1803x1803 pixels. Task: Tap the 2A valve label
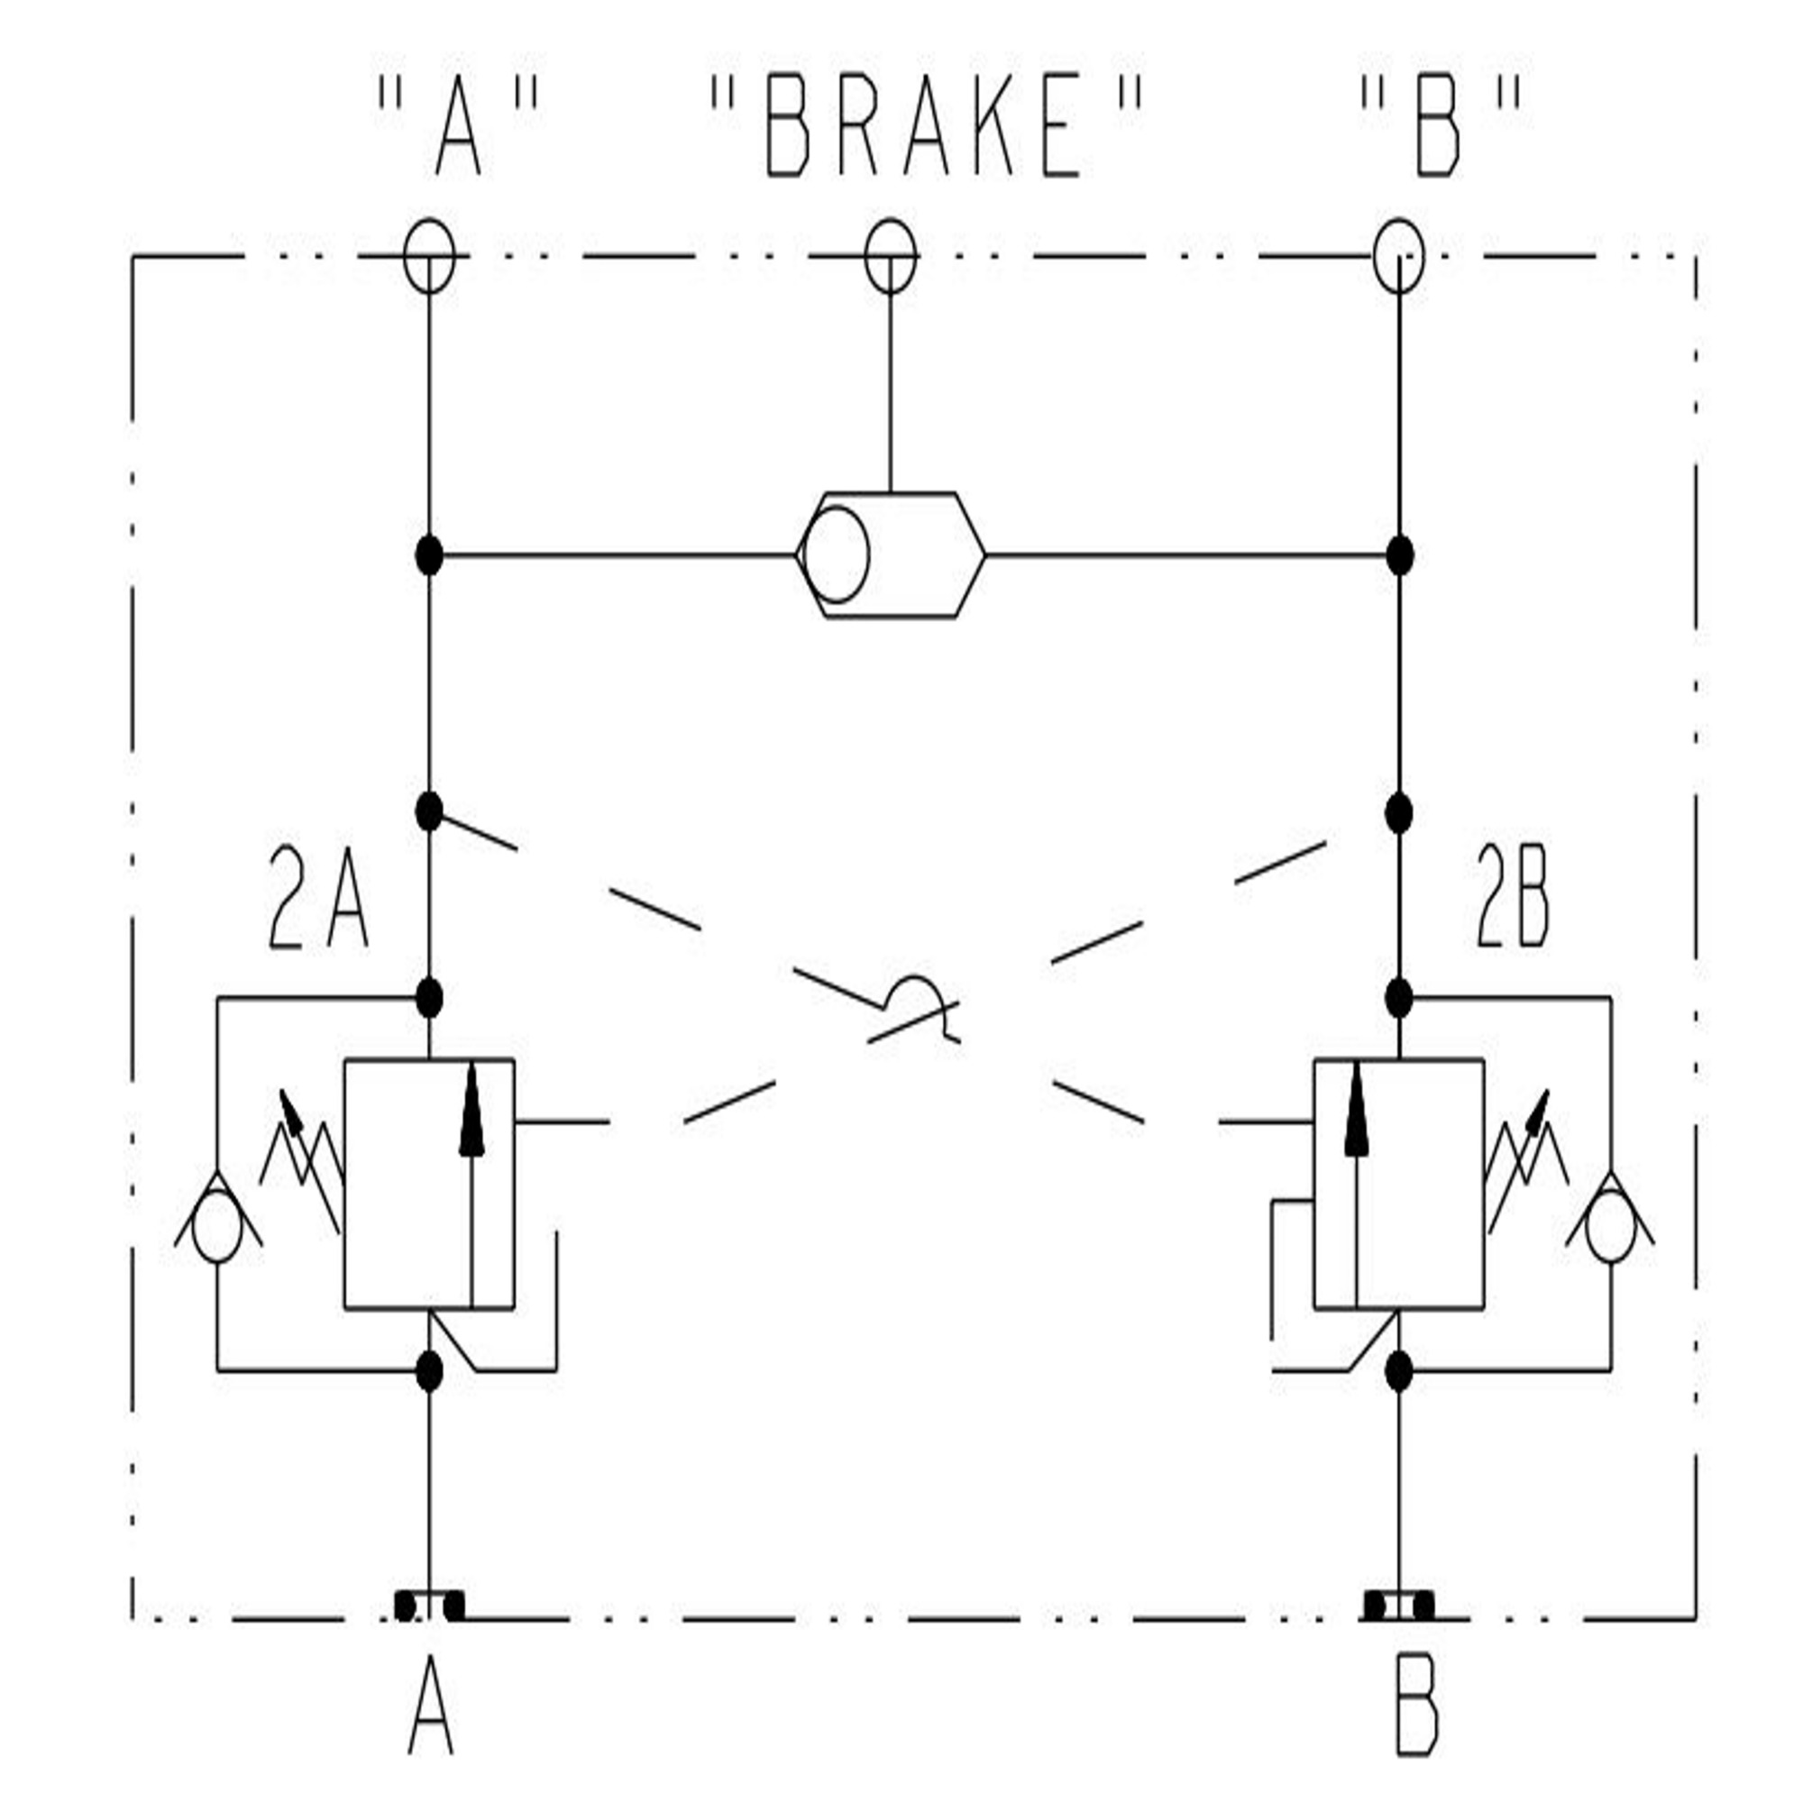pyautogui.click(x=318, y=898)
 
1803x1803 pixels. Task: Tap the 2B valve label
pyautogui.click(x=1513, y=898)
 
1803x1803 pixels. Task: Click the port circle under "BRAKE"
pyautogui.click(x=891, y=256)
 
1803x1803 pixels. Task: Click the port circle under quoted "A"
pyautogui.click(x=429, y=256)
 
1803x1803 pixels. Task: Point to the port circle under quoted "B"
pyautogui.click(x=1400, y=256)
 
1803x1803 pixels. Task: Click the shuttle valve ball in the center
pyautogui.click(x=837, y=554)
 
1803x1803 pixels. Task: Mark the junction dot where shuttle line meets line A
pyautogui.click(x=429, y=555)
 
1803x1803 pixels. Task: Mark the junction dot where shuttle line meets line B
pyautogui.click(x=1400, y=555)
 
